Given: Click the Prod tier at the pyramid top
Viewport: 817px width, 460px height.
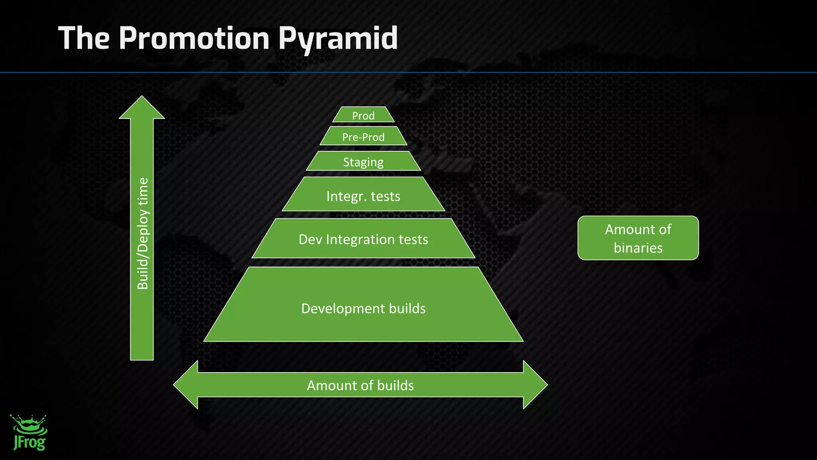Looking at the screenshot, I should point(363,115).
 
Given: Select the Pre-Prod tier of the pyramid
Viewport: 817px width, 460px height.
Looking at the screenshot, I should point(363,137).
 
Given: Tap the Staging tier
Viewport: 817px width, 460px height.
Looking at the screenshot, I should point(363,162).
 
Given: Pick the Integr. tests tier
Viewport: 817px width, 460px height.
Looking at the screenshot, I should point(363,196).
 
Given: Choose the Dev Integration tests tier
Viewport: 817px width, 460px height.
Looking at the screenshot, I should point(363,239).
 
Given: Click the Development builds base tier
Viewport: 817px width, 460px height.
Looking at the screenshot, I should point(363,308).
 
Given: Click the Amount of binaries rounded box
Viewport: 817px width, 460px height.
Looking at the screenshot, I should point(638,238).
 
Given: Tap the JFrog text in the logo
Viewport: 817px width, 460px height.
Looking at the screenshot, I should point(30,442).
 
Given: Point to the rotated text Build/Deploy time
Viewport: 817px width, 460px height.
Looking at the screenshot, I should point(142,233).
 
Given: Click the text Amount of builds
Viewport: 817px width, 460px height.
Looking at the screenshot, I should point(360,385).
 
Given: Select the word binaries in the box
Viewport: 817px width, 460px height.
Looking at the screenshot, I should point(638,248).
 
